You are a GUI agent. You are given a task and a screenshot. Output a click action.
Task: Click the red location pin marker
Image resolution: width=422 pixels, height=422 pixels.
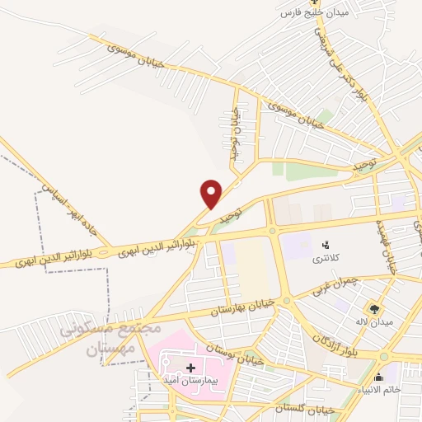coord(212,193)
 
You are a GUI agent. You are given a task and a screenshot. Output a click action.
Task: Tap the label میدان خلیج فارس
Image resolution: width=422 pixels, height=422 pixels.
coord(316,14)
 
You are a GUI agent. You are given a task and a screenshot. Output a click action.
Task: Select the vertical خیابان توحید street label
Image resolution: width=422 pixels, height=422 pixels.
coord(234,130)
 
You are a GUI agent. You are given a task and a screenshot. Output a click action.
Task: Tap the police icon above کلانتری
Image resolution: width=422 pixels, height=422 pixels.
coord(325,245)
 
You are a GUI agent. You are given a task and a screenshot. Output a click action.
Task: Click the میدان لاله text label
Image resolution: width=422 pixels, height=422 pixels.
coord(373,321)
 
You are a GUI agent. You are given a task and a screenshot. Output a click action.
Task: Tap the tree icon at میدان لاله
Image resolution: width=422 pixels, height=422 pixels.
coord(375,308)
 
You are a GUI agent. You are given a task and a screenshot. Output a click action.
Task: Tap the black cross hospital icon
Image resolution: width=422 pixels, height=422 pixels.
coord(191,367)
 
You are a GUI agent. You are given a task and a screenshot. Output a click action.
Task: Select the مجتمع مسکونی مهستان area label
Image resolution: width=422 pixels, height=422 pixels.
coord(96,339)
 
